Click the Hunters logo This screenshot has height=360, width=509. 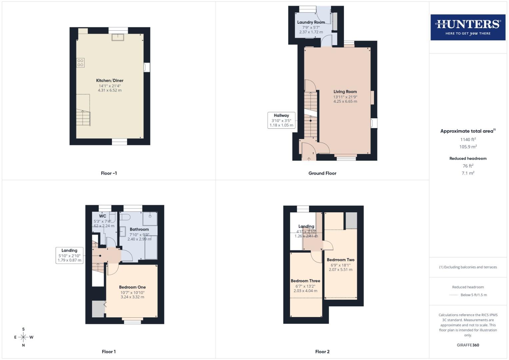click(468, 27)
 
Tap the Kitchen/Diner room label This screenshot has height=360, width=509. click(110, 81)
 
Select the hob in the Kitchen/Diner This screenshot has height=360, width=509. click(80, 62)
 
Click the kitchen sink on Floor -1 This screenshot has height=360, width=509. click(118, 37)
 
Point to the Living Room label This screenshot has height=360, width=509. click(345, 92)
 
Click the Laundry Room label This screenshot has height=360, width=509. click(311, 22)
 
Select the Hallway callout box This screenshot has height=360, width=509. click(281, 120)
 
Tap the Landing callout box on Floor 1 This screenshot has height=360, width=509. click(69, 255)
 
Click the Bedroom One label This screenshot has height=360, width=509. click(132, 287)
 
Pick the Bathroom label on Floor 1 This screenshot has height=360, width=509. click(139, 229)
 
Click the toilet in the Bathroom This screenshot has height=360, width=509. click(126, 217)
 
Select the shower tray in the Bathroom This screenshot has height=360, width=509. click(150, 219)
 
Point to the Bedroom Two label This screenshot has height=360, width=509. click(340, 260)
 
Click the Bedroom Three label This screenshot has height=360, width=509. click(305, 281)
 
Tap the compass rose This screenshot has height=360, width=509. click(23, 337)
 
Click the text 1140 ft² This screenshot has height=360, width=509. click(468, 140)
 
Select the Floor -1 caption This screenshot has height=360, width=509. click(109, 173)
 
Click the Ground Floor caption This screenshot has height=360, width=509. click(322, 173)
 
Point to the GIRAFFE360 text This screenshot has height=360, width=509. click(468, 345)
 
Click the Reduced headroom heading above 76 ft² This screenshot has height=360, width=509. click(468, 158)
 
